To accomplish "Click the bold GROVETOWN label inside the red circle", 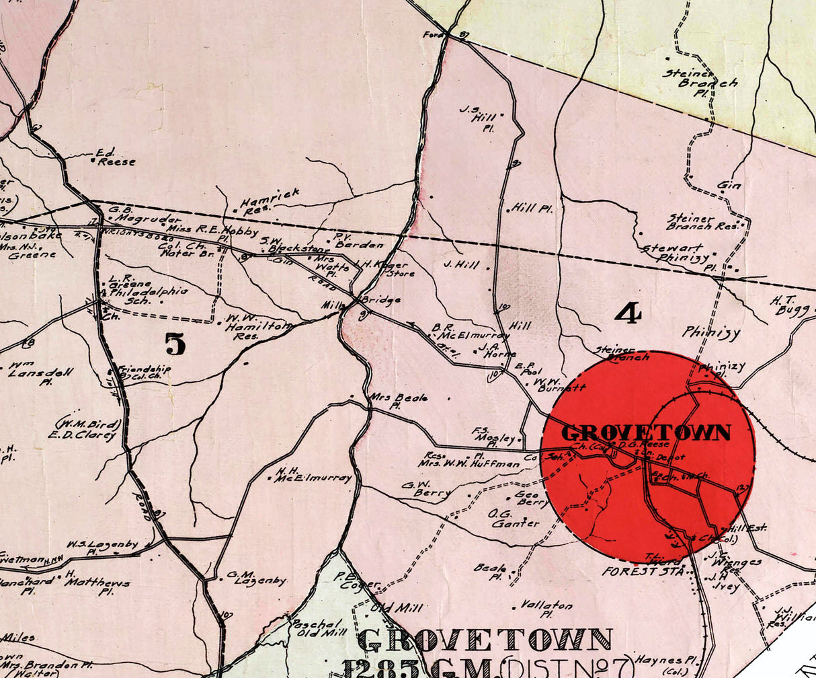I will point(645,432).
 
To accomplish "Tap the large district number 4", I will point(628,313).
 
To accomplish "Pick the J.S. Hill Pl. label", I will point(478,117).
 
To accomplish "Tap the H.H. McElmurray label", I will point(313,475).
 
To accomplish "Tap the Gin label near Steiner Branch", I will point(729,185).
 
